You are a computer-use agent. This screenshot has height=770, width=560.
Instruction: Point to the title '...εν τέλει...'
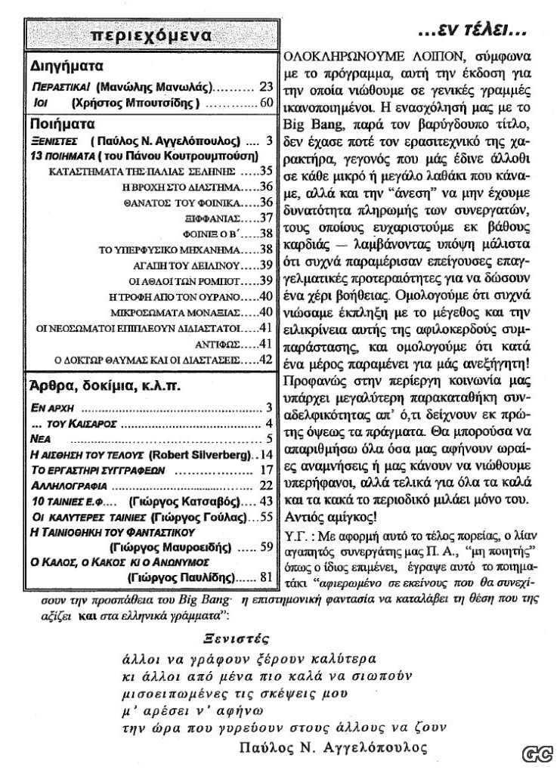pyautogui.click(x=472, y=32)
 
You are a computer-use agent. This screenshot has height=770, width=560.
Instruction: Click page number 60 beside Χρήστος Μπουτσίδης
pyautogui.click(x=265, y=104)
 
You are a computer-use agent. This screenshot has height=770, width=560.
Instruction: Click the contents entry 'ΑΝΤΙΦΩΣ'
pyautogui.click(x=233, y=344)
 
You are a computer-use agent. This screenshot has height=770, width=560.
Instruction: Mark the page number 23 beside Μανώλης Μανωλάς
pyautogui.click(x=265, y=86)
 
